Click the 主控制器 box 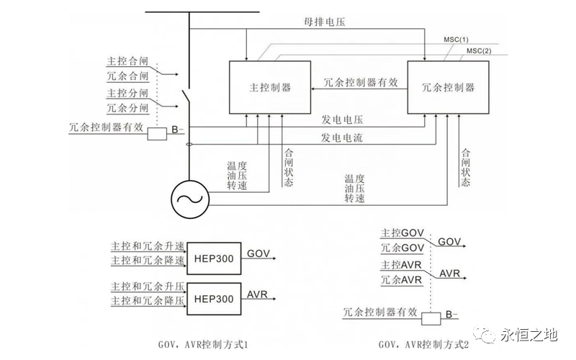269,87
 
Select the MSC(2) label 478,50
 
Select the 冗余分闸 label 127,108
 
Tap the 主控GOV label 403,234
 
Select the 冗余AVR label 402,279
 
